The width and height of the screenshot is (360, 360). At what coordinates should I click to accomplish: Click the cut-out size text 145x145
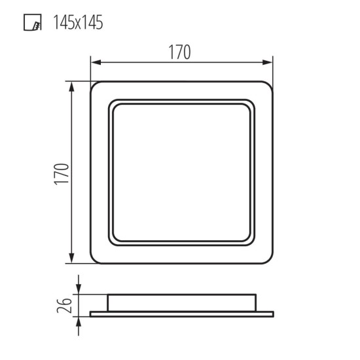(x=79, y=22)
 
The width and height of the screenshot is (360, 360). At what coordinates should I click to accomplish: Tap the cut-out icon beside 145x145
(x=32, y=22)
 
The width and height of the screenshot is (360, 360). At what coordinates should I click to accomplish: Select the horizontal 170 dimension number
(x=180, y=52)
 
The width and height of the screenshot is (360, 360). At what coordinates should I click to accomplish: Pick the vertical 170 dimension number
(x=62, y=174)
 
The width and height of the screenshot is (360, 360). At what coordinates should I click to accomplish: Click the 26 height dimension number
(x=64, y=306)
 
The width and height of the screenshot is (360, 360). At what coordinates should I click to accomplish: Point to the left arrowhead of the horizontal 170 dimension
(x=96, y=62)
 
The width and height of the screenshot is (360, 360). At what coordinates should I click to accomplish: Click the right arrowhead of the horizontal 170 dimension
(x=268, y=62)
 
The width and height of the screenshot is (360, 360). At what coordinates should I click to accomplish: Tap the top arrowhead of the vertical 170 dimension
(x=71, y=87)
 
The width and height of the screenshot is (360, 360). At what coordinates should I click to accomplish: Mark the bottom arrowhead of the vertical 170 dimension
(x=71, y=258)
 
